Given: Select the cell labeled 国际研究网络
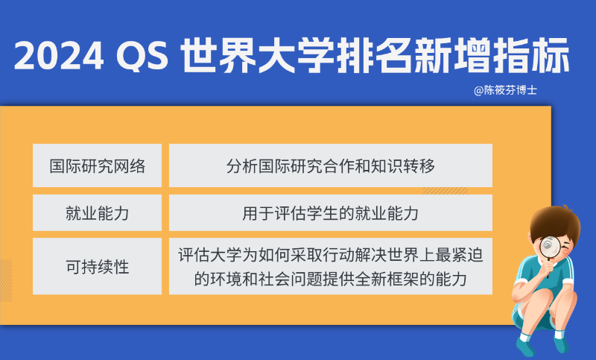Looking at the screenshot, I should (x=97, y=165).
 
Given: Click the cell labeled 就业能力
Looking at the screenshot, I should (x=97, y=213).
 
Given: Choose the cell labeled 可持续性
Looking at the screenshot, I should (x=97, y=266).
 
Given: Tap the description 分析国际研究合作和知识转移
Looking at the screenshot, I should (x=330, y=165).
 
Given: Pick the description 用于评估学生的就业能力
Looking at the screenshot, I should (x=330, y=213).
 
